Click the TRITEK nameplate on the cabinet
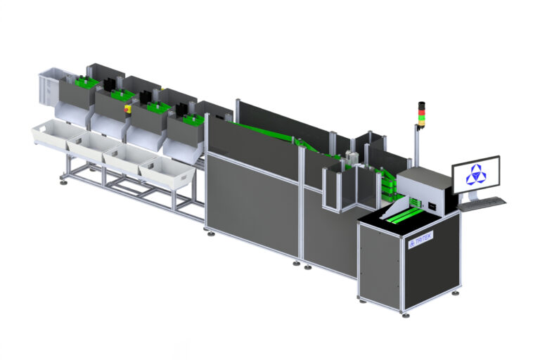pyautogui.click(x=420, y=240)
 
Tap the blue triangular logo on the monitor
pyautogui.click(x=476, y=175)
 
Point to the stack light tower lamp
pyautogui.click(x=421, y=116)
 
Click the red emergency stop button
pyautogui.click(x=128, y=108)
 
